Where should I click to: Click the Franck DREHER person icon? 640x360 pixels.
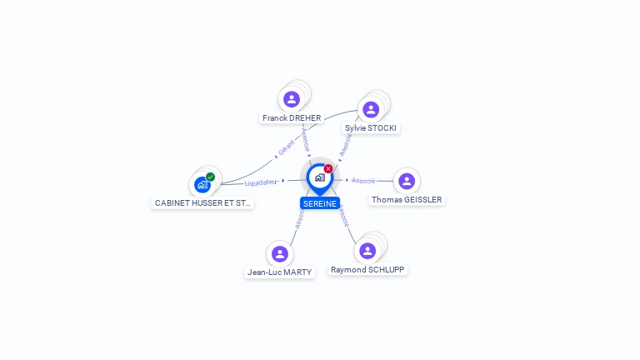291,99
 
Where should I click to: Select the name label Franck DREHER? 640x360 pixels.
292,118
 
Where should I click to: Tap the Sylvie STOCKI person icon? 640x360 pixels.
371,109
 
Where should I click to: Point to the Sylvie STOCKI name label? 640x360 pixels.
372,128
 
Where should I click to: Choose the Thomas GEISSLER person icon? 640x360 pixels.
407,181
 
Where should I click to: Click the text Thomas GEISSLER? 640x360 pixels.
407,200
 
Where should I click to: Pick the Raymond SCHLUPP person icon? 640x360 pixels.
367,251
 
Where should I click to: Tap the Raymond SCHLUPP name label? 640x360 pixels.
368,270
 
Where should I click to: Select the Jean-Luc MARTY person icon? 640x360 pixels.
280,253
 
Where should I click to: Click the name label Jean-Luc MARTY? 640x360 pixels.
280,272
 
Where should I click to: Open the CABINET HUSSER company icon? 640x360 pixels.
202,184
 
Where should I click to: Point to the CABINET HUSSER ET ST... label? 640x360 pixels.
202,202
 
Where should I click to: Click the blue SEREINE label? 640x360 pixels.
320,203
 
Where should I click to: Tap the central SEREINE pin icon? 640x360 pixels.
319,177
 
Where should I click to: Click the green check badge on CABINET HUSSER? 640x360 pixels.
211,177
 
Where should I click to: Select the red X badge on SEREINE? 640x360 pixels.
328,168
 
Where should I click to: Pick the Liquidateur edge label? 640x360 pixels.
261,182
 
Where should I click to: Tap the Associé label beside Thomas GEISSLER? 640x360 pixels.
363,180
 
